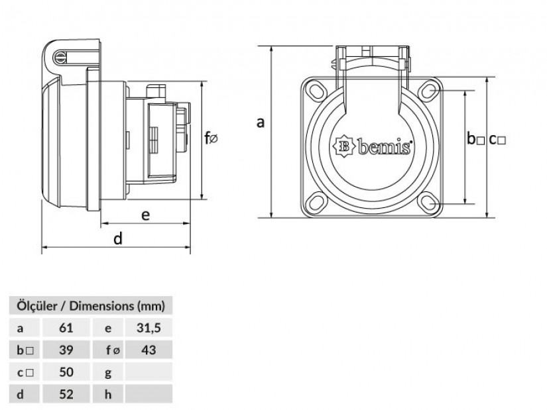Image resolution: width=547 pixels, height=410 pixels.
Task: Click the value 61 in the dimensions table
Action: [64, 327]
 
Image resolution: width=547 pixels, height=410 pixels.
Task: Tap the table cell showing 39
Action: [64, 350]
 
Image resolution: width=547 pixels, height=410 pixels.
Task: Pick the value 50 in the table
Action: [64, 372]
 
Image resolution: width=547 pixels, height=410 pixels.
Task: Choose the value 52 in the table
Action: [64, 395]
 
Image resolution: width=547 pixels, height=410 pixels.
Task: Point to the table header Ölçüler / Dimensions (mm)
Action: [90, 305]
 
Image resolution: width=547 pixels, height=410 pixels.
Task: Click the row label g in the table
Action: [107, 372]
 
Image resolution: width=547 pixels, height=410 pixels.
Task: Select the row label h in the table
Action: [107, 395]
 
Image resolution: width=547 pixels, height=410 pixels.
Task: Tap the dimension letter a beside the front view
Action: [261, 122]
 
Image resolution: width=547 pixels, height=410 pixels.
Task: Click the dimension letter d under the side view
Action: [117, 239]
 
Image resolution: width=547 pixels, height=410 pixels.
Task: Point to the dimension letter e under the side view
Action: [145, 215]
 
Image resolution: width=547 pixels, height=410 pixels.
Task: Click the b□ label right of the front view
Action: [476, 139]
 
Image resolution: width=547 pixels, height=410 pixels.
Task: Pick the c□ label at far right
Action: [498, 139]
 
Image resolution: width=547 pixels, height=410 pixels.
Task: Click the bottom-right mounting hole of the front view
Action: [429, 204]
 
